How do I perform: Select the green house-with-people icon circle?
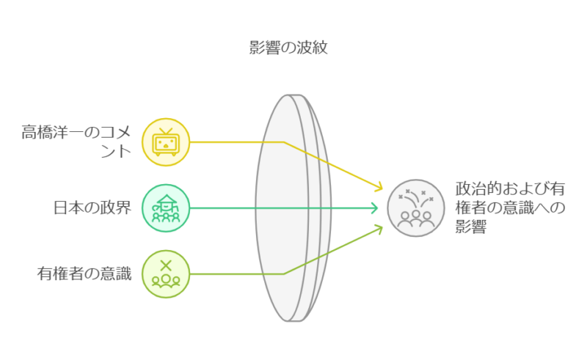click(x=165, y=208)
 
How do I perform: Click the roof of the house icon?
click(x=165, y=199)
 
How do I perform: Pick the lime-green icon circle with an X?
click(x=165, y=273)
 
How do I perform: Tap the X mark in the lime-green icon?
click(x=166, y=265)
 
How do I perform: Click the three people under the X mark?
click(x=166, y=280)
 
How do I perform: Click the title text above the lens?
click(x=287, y=50)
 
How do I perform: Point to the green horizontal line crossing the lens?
click(x=293, y=208)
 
